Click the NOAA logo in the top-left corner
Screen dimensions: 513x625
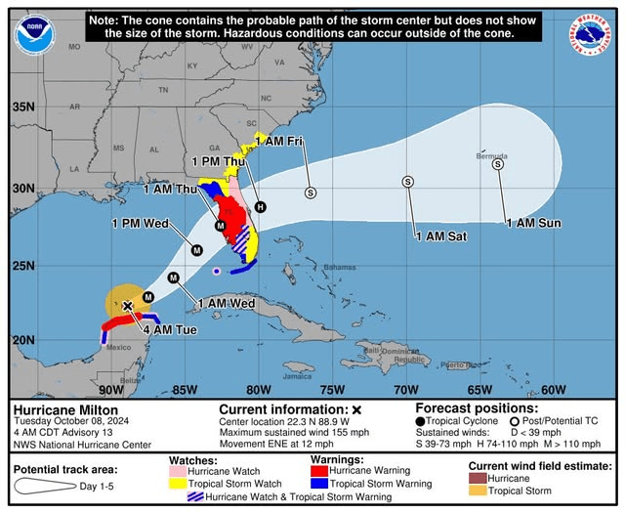[34, 35]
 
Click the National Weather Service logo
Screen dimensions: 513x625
[591, 35]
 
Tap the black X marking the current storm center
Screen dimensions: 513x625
[127, 306]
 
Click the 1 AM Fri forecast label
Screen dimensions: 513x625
[279, 141]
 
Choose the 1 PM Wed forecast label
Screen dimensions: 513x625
[141, 224]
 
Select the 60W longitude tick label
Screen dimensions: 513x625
[553, 390]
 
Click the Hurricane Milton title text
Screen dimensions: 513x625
[65, 409]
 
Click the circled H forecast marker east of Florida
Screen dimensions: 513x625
[260, 206]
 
